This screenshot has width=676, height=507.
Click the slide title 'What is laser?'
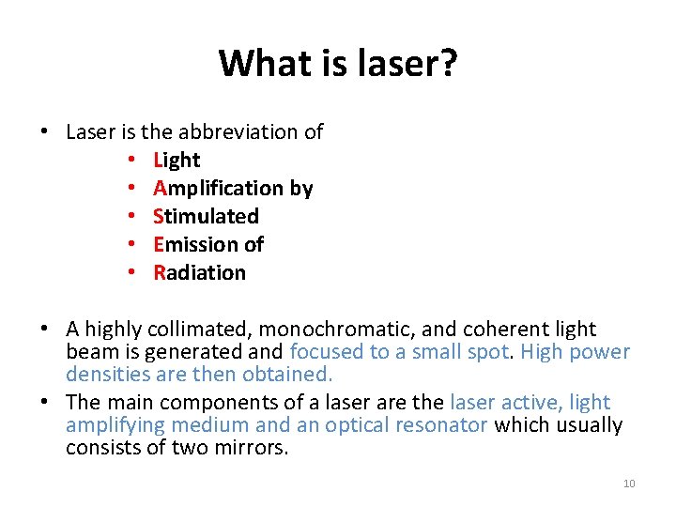click(x=338, y=64)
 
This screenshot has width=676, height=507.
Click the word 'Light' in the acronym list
click(x=177, y=161)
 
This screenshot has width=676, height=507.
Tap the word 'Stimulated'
click(x=207, y=217)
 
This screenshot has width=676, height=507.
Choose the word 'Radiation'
click(x=200, y=273)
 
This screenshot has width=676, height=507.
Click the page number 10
click(x=629, y=484)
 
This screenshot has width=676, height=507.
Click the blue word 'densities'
click(x=106, y=374)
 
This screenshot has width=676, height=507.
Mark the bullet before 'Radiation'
click(x=134, y=273)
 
